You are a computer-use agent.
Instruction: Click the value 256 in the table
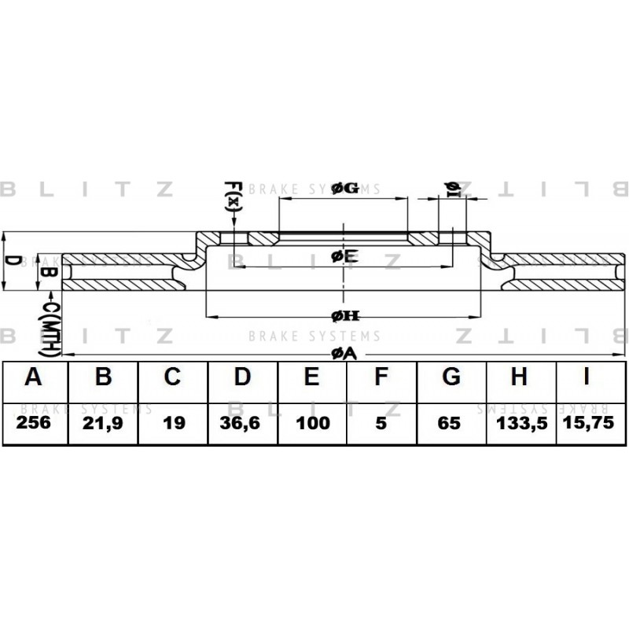(34, 422)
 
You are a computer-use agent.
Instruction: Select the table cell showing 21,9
(103, 424)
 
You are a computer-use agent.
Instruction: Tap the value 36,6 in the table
(240, 423)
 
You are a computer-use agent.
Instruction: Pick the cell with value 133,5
(522, 424)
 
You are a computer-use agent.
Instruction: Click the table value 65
(449, 424)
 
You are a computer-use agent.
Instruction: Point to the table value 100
(313, 423)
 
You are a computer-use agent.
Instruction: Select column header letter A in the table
(33, 377)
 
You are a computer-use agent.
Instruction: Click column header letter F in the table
(381, 377)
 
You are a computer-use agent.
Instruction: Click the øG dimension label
(345, 188)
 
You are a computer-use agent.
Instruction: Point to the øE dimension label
(344, 256)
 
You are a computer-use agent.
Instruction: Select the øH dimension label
(345, 316)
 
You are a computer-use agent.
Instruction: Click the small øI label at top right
(453, 189)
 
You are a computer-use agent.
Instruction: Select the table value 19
(175, 423)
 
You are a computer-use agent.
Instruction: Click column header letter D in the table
(242, 377)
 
